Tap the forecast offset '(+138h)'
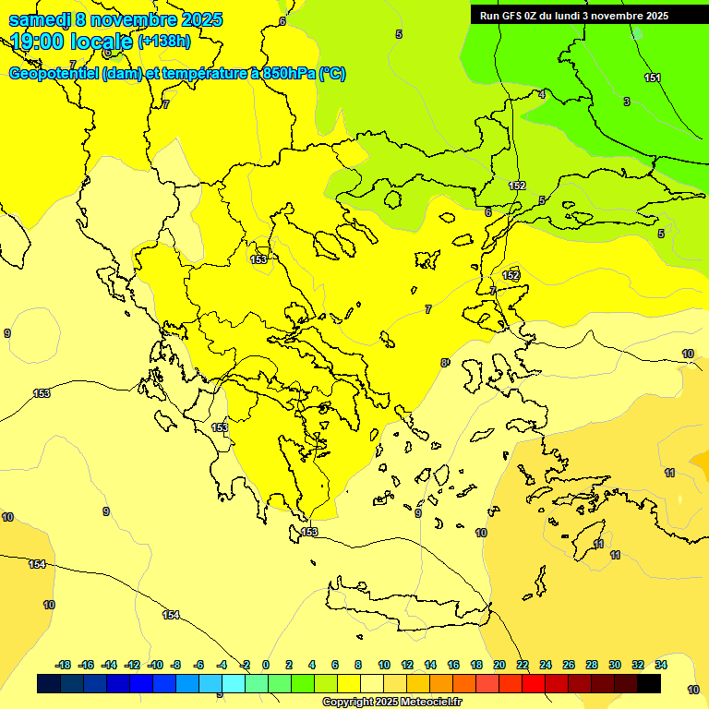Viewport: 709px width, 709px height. [x=164, y=41]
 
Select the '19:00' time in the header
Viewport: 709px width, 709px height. [x=36, y=42]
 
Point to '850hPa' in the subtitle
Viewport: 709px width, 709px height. [x=284, y=74]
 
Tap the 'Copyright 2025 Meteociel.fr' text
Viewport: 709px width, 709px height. [x=391, y=702]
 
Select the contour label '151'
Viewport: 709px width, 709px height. [x=653, y=78]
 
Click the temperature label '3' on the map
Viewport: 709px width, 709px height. [x=627, y=102]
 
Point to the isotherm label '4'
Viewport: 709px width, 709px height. [x=542, y=94]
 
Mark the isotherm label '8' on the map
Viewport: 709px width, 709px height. [x=443, y=363]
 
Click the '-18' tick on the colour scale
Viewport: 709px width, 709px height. [x=63, y=665]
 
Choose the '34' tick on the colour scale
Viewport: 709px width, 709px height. [x=661, y=665]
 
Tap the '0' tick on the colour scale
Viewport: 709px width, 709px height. [x=266, y=665]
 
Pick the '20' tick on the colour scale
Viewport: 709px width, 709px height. [x=499, y=665]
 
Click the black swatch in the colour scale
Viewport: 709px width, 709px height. [x=649, y=684]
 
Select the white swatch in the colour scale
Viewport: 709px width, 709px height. [x=372, y=684]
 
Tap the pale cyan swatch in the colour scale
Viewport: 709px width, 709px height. [x=234, y=684]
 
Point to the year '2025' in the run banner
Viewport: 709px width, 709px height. [x=655, y=15]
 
